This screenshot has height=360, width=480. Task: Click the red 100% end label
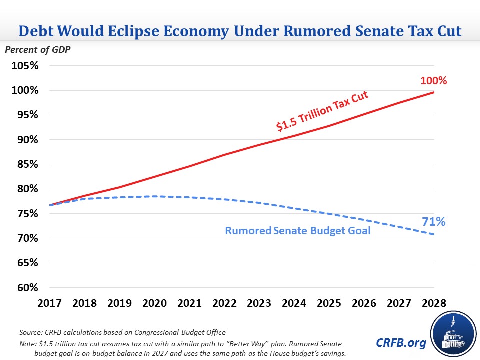(433, 80)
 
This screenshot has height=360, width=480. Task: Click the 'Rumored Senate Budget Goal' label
(298, 231)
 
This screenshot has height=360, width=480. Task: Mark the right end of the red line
(434, 92)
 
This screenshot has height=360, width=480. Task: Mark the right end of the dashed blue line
(434, 235)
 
